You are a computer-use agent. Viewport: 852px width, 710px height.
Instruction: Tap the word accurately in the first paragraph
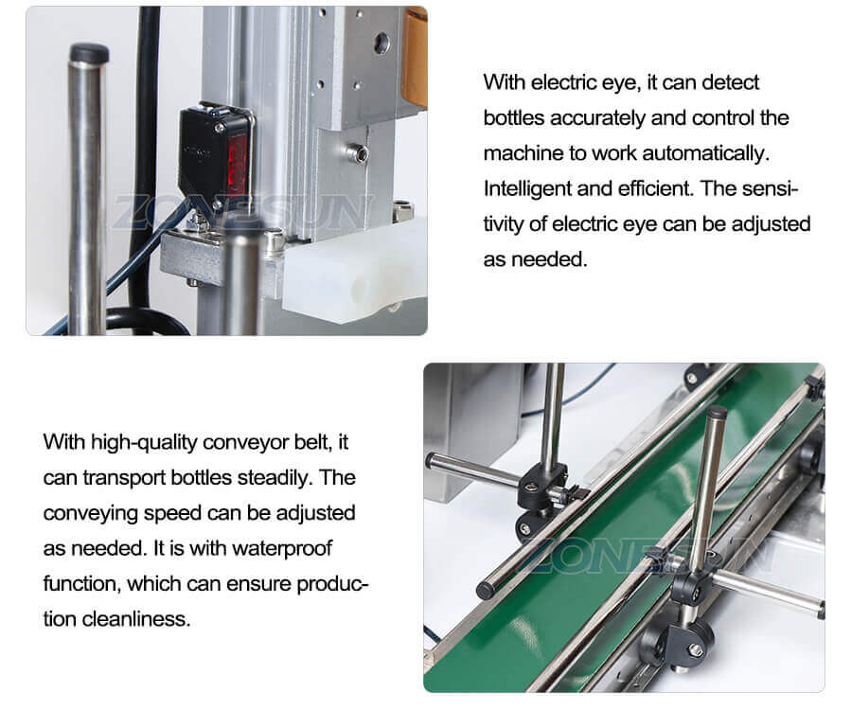point(603,118)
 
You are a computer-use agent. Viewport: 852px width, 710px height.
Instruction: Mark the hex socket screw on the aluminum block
point(357,151)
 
